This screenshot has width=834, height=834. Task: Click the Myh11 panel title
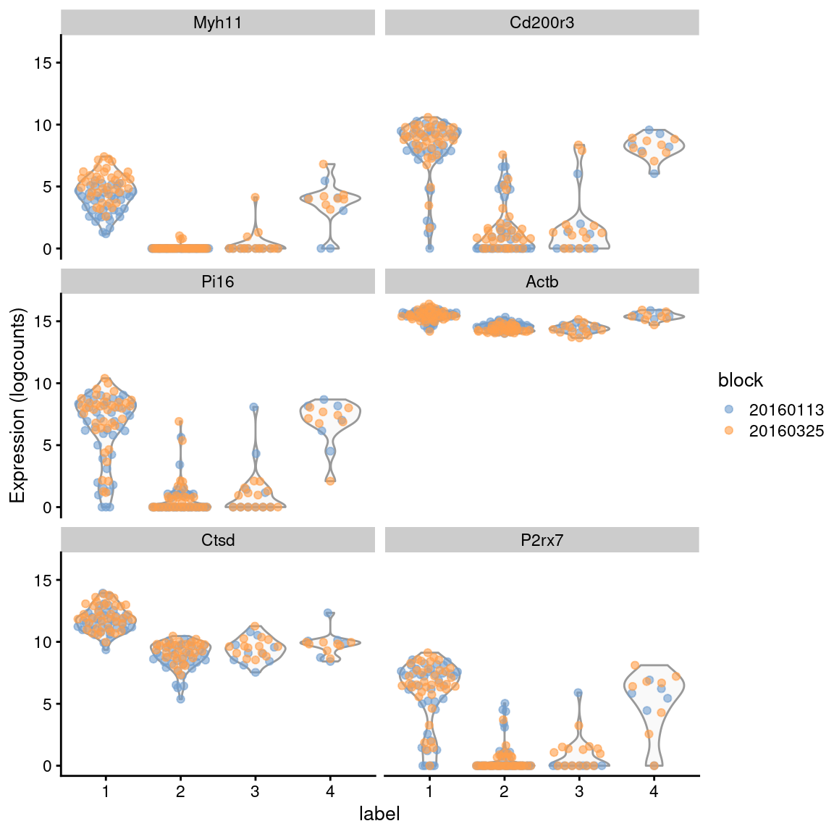[x=218, y=22]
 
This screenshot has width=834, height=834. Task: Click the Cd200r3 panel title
[x=542, y=22]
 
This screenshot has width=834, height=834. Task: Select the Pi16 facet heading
[x=218, y=282]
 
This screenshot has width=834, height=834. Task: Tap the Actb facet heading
[x=542, y=282]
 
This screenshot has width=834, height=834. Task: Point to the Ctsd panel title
[x=218, y=540]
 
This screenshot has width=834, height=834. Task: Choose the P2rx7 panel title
[x=542, y=540]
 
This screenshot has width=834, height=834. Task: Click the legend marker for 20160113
[x=729, y=410]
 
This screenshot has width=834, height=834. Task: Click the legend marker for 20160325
[x=729, y=431]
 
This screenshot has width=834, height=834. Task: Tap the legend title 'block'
[x=740, y=380]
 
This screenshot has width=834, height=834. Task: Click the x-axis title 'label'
[x=379, y=814]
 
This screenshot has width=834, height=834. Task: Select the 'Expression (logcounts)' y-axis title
[x=17, y=405]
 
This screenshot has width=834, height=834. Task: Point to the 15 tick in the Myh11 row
[x=43, y=63]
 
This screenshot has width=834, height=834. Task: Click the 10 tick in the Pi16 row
[x=43, y=383]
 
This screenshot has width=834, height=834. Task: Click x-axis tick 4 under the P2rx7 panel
[x=654, y=791]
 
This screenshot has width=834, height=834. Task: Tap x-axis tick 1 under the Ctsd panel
[x=106, y=791]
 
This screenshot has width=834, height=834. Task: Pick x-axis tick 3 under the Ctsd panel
[x=255, y=791]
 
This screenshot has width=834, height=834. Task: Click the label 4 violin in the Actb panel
[x=654, y=316]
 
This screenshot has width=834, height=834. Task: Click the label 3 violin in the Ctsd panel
[x=255, y=648]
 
